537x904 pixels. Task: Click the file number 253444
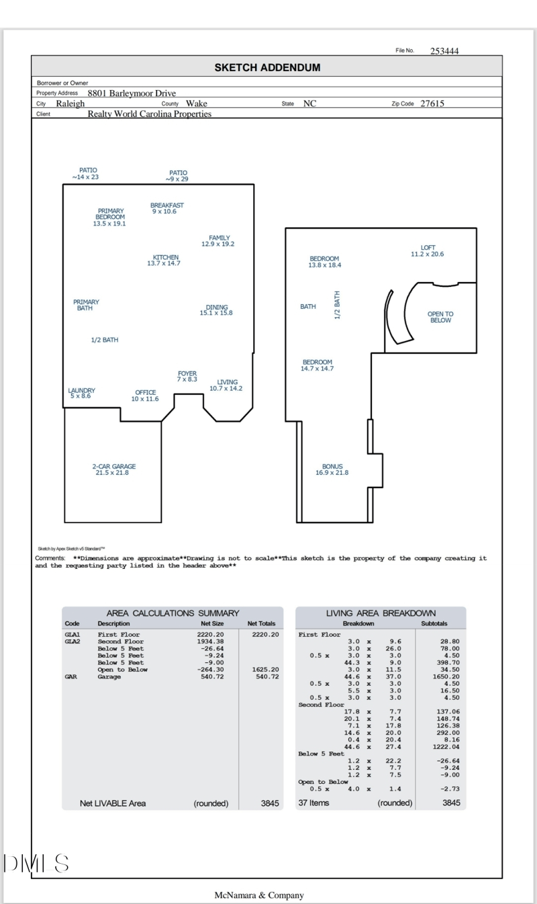[444, 51]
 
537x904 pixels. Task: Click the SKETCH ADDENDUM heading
[267, 67]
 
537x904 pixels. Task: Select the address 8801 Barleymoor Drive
[132, 93]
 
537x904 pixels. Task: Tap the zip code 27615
[432, 103]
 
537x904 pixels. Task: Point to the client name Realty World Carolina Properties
[149, 114]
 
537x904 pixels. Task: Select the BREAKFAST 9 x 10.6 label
[166, 208]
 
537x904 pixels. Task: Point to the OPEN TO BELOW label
[440, 317]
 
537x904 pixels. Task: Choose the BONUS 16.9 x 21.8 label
[332, 469]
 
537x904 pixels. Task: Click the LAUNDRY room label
[81, 393]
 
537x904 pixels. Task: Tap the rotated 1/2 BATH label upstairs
[338, 305]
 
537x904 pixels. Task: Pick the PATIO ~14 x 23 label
[87, 173]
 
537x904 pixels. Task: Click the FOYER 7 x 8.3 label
[187, 377]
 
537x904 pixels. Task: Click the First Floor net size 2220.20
[210, 634]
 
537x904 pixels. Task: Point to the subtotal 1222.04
[446, 747]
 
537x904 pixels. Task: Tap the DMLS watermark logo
[36, 864]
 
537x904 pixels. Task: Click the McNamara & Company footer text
[259, 895]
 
